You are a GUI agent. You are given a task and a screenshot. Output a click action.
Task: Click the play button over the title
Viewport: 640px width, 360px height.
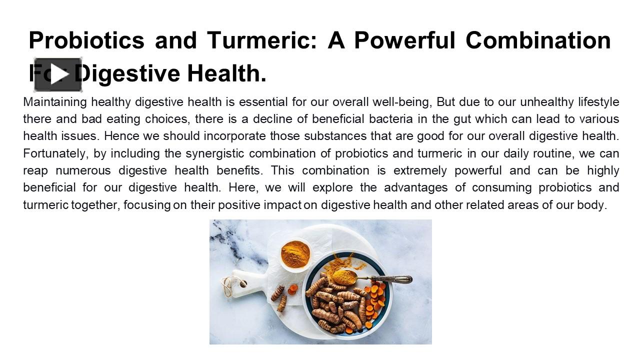point(58,75)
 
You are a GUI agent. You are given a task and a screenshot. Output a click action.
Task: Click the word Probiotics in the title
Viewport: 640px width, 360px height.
point(86,40)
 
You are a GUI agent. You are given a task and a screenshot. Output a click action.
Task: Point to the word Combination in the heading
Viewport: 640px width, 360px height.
point(538,40)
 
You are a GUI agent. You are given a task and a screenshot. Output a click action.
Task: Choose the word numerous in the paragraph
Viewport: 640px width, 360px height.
point(83,170)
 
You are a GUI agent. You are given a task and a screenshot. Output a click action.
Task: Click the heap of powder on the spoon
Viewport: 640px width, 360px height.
point(343,276)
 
